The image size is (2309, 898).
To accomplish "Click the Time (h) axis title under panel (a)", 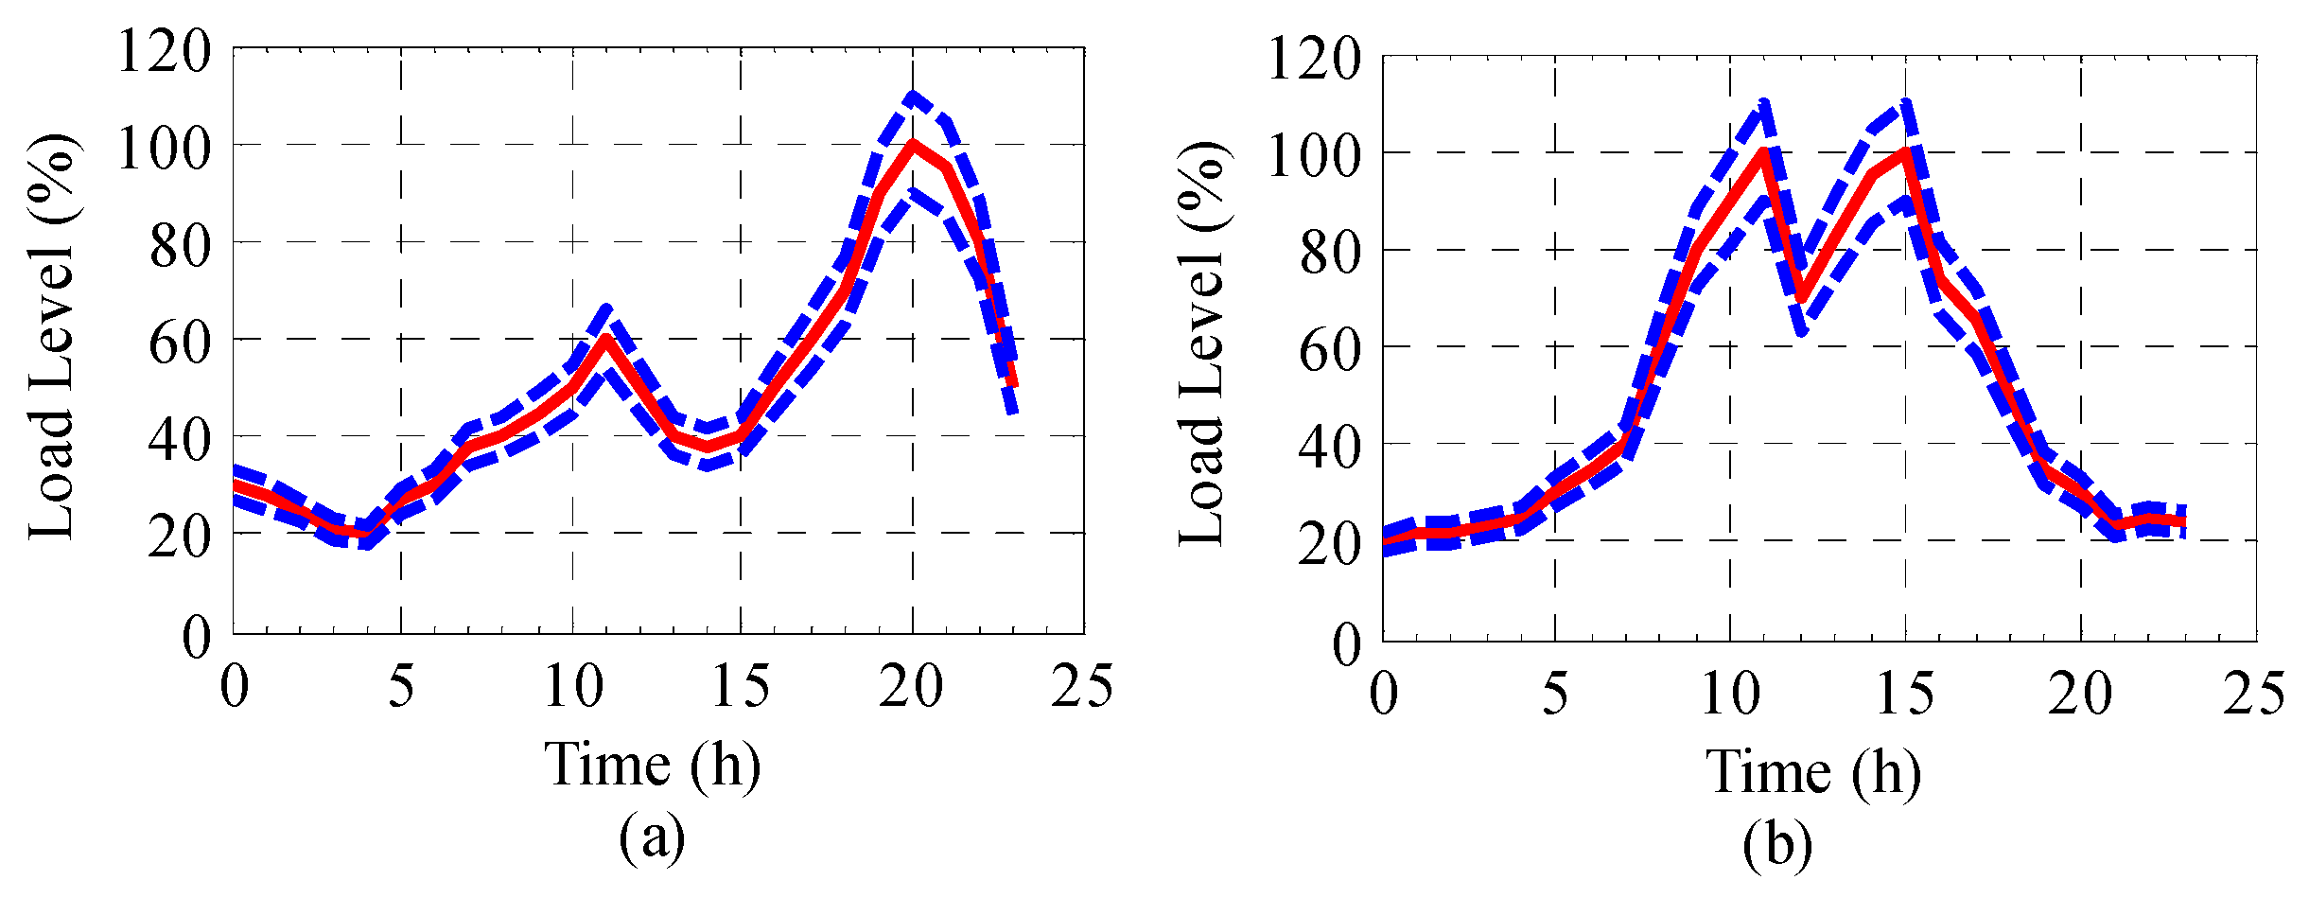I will (x=652, y=765).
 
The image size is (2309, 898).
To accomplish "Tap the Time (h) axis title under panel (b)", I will (x=1812, y=772).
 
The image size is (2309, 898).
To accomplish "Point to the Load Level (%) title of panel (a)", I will (x=52, y=338).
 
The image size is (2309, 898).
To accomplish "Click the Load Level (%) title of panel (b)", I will (x=1201, y=344).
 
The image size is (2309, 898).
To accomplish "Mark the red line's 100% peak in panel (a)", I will (x=912, y=144).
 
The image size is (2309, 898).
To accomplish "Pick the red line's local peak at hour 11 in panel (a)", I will (x=606, y=338).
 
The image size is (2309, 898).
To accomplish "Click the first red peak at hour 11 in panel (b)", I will (x=1764, y=151).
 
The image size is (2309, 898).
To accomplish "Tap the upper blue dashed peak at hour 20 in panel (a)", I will (x=912, y=97).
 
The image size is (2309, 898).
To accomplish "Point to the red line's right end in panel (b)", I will (x=2183, y=522).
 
